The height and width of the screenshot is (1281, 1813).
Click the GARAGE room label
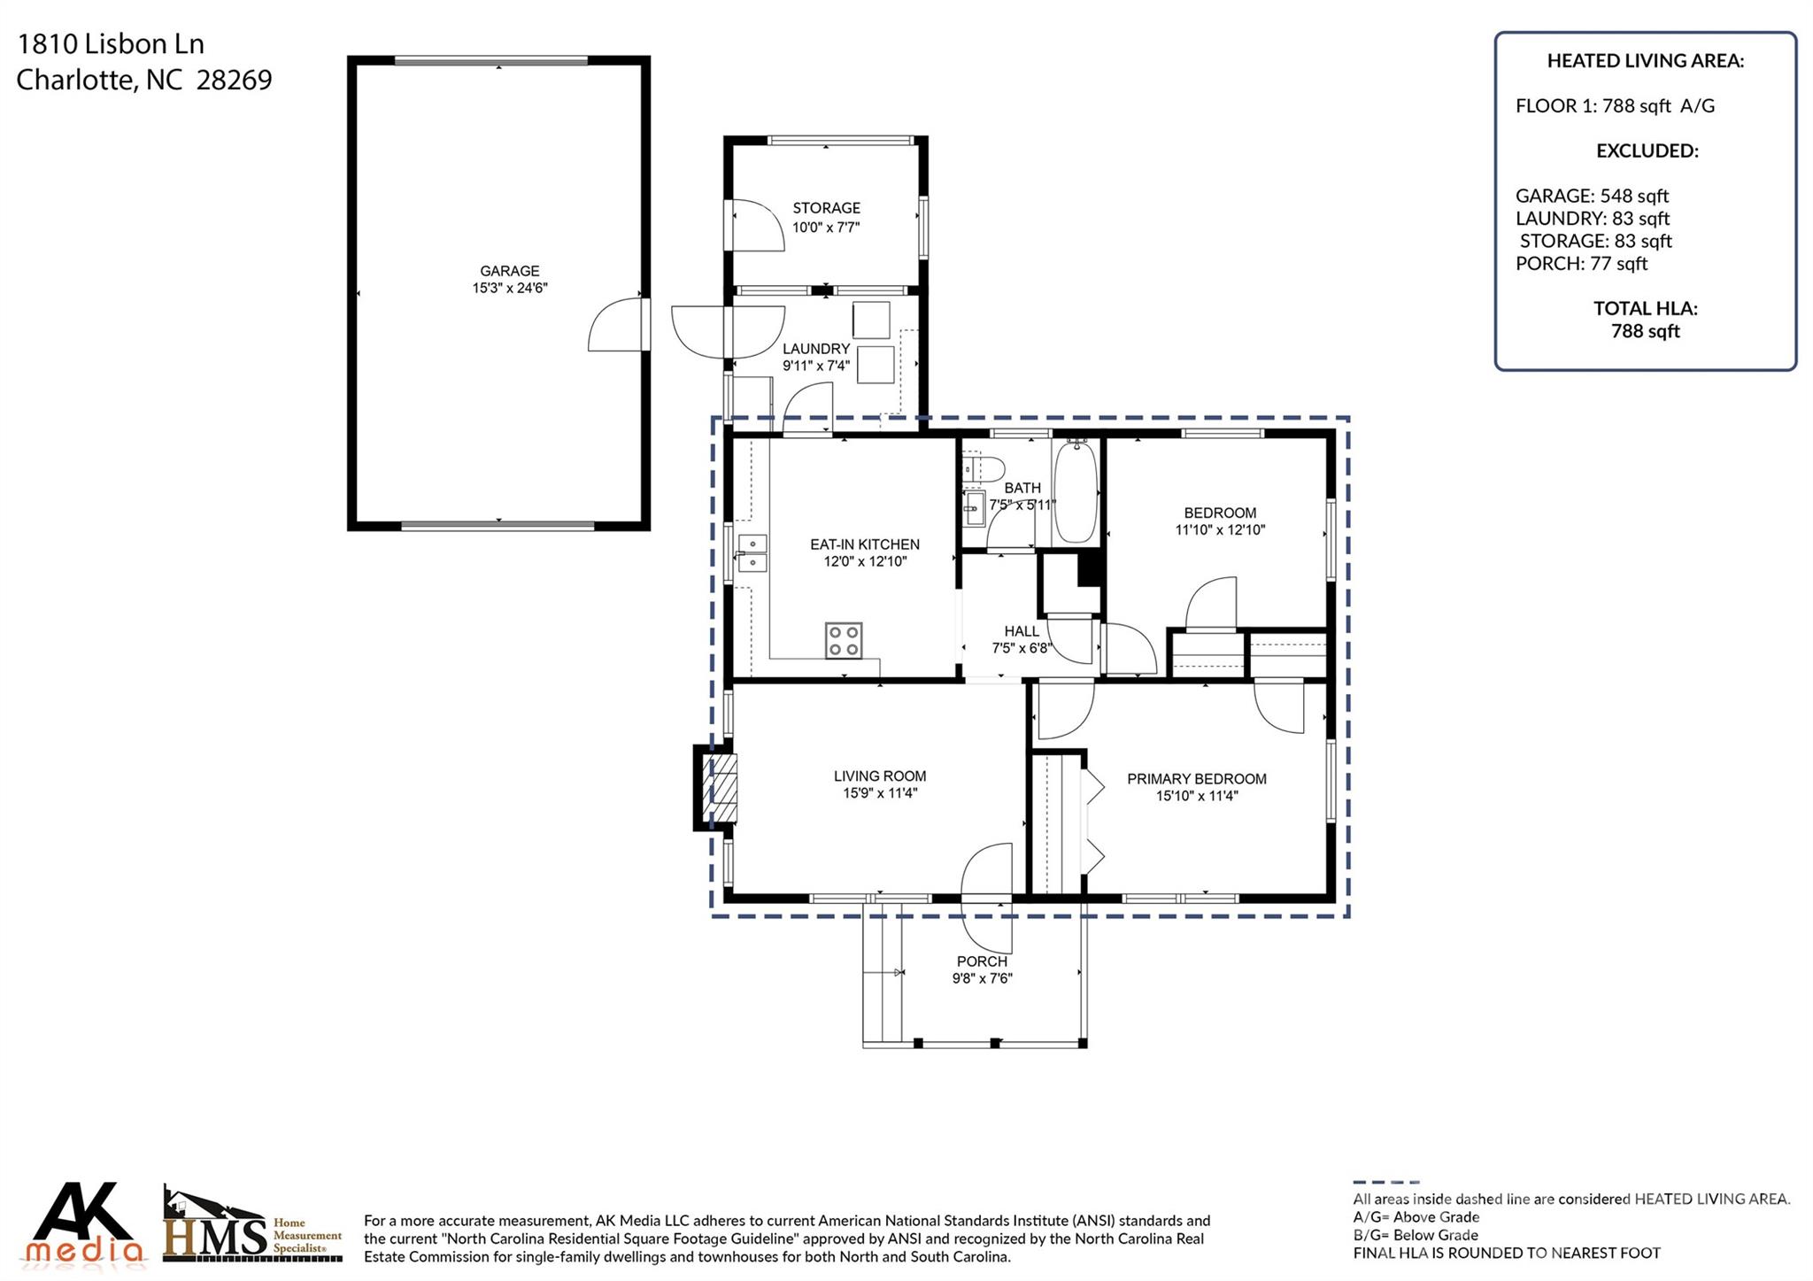(510, 271)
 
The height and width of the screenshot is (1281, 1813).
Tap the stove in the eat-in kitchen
(844, 640)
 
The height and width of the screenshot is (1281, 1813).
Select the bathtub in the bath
(1076, 491)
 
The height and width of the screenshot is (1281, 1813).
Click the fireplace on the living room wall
(714, 788)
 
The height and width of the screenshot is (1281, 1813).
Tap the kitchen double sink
(752, 554)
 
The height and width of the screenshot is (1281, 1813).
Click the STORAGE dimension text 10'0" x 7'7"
(826, 228)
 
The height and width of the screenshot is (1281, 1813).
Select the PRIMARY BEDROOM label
(1197, 779)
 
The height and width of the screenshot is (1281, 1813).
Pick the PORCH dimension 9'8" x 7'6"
(982, 978)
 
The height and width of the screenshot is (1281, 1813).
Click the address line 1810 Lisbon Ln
(111, 44)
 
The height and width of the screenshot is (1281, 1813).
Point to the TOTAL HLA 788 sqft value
(1646, 331)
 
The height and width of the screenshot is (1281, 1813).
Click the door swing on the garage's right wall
(616, 325)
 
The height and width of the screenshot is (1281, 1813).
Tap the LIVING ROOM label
(880, 776)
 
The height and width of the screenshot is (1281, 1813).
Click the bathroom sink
(974, 508)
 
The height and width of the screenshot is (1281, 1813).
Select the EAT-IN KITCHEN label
(865, 544)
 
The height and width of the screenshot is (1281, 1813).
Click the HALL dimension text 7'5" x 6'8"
(1022, 648)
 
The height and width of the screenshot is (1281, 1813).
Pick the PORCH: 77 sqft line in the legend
(1581, 263)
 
